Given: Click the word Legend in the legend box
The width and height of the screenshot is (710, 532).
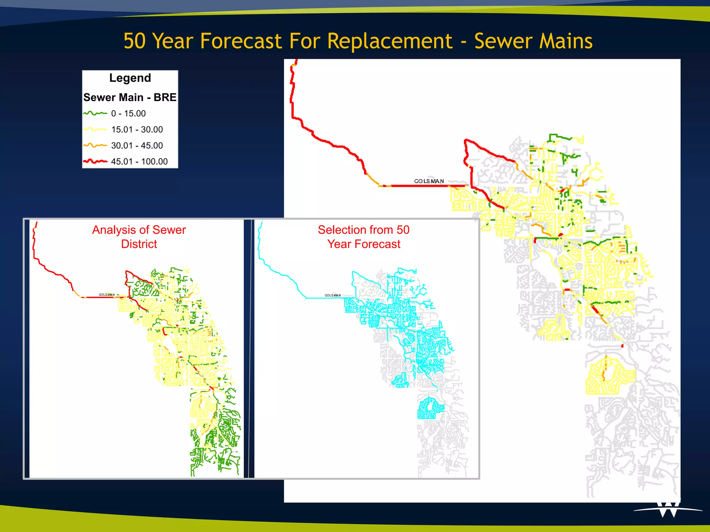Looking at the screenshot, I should pos(130,78).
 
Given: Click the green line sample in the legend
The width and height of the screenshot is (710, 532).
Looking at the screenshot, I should pos(95,113).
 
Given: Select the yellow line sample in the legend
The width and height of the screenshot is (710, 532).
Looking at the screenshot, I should pos(95,130).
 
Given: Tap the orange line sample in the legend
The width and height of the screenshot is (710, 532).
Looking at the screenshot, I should pos(95,145).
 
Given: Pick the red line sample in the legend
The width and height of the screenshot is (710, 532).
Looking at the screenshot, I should pos(95,161).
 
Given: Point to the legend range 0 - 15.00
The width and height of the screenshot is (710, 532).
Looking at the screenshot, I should pos(128,113).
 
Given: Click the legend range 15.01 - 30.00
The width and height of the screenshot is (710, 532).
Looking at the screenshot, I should pos(137,130).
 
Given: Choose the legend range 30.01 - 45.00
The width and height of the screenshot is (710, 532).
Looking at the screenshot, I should pos(137,145).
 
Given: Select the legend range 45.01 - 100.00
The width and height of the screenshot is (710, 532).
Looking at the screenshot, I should pos(139,161).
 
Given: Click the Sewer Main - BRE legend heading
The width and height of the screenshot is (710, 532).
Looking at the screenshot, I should pos(130,97).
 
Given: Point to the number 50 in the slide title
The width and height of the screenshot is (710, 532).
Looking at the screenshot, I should pos(135,41).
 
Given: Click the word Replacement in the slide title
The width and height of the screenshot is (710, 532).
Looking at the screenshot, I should pos(390,41).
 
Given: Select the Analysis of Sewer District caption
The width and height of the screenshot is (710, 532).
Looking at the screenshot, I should pos(139,237).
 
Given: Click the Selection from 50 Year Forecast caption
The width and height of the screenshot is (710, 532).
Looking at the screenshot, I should pos(364,237).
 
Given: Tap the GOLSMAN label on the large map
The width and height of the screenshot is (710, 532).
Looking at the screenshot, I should pos(429,181).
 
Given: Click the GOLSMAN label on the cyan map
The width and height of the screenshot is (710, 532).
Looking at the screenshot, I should pos(332,295).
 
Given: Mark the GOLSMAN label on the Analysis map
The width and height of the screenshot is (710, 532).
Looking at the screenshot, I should pos(106,295).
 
